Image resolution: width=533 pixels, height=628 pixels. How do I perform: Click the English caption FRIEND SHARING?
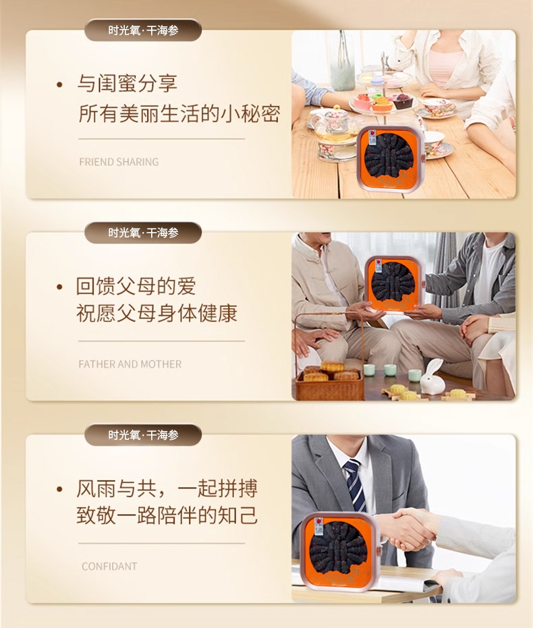pos(119,162)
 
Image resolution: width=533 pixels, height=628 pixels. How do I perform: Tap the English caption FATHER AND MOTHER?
pos(130,364)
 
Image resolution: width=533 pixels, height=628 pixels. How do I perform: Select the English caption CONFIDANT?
pos(109,567)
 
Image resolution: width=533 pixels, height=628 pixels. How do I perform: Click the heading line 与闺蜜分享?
pos(127,84)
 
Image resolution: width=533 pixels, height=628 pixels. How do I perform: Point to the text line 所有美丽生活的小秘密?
pos(179,114)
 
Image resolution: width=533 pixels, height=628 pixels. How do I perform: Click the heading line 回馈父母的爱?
pos(136,286)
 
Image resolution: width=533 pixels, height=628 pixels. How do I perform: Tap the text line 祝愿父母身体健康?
pos(157,313)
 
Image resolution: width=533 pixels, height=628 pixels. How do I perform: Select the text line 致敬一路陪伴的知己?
pos(167,515)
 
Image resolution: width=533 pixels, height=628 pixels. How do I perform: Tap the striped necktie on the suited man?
pos(354,484)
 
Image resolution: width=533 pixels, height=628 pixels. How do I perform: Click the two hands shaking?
pos(408,529)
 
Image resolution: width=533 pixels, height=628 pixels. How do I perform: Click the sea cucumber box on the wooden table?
pos(391,159)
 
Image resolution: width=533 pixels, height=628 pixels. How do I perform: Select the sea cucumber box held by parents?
pos(393,284)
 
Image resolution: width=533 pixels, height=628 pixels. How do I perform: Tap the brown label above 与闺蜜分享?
pos(143,30)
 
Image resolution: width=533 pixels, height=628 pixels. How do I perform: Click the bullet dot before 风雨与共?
pos(60,489)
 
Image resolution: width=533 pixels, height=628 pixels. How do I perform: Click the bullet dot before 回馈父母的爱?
pos(60,287)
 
